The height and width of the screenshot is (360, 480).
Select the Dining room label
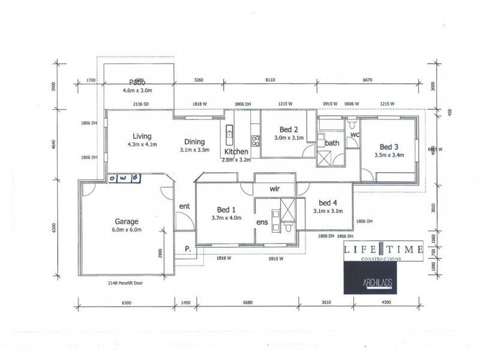(x=196, y=142)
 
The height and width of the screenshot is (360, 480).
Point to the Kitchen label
(x=236, y=152)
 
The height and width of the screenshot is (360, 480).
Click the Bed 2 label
(x=289, y=130)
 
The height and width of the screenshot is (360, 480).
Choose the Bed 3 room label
(x=389, y=146)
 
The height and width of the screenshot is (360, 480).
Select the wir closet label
(x=275, y=188)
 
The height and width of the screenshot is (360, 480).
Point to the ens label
(x=262, y=222)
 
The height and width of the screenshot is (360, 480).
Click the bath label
(x=332, y=143)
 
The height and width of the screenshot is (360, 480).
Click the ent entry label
(x=184, y=207)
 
